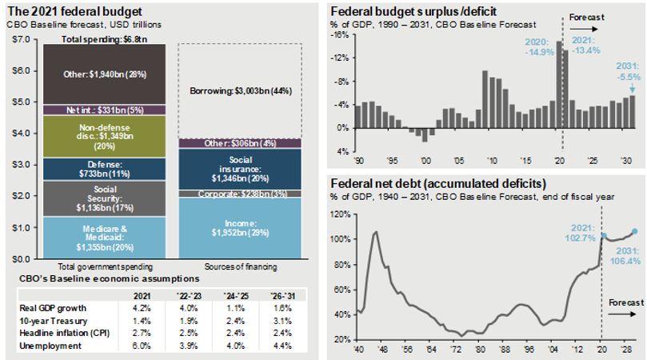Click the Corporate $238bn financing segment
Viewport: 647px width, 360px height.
[240, 194]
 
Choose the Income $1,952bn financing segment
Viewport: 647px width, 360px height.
[240, 227]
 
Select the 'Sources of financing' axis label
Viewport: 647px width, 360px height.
[240, 266]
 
